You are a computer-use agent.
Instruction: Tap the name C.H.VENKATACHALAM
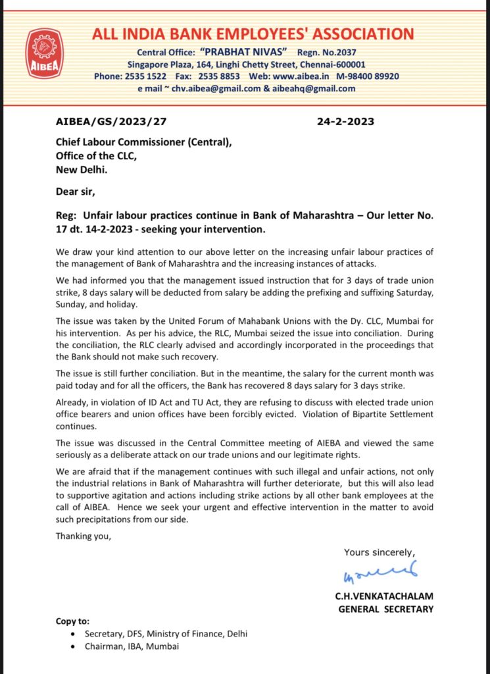point(384,596)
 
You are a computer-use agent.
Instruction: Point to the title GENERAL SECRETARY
point(385,609)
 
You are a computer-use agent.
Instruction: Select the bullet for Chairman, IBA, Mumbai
point(72,646)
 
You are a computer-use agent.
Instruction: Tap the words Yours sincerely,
point(380,552)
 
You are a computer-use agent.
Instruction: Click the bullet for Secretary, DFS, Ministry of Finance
point(72,634)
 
